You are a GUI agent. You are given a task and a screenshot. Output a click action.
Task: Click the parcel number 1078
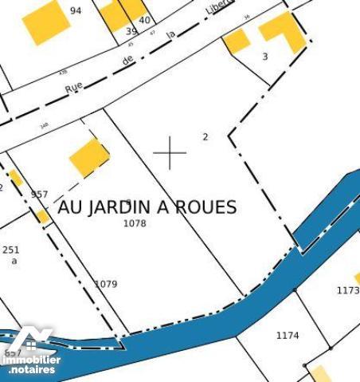(135, 224)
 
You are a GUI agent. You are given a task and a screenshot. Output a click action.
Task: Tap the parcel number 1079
(106, 284)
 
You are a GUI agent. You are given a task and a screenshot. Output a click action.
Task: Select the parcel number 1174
(288, 336)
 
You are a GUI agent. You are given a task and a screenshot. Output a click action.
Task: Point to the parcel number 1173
(348, 291)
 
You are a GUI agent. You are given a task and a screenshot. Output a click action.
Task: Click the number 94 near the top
(76, 10)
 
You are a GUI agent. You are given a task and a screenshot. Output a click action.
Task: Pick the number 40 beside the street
(144, 20)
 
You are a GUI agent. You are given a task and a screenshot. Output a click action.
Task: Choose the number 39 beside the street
(131, 31)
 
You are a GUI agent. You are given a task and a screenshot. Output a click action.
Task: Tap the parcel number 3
(265, 57)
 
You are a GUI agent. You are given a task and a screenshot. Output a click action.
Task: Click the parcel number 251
(10, 250)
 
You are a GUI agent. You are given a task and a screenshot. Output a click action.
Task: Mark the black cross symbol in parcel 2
(170, 152)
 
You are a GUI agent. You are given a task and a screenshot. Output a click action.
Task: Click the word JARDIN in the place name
(118, 207)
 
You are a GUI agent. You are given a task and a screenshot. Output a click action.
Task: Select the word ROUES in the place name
(206, 207)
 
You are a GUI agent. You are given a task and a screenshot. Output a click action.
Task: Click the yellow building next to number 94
(45, 22)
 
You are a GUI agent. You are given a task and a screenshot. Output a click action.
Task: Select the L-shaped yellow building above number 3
(284, 30)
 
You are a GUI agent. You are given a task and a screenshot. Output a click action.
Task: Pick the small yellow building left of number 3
(237, 41)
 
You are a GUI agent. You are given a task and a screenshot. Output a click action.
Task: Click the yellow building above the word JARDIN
(89, 156)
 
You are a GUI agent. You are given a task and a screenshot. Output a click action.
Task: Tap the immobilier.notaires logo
(30, 356)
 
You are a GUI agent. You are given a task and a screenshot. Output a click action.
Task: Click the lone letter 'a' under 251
(14, 261)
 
